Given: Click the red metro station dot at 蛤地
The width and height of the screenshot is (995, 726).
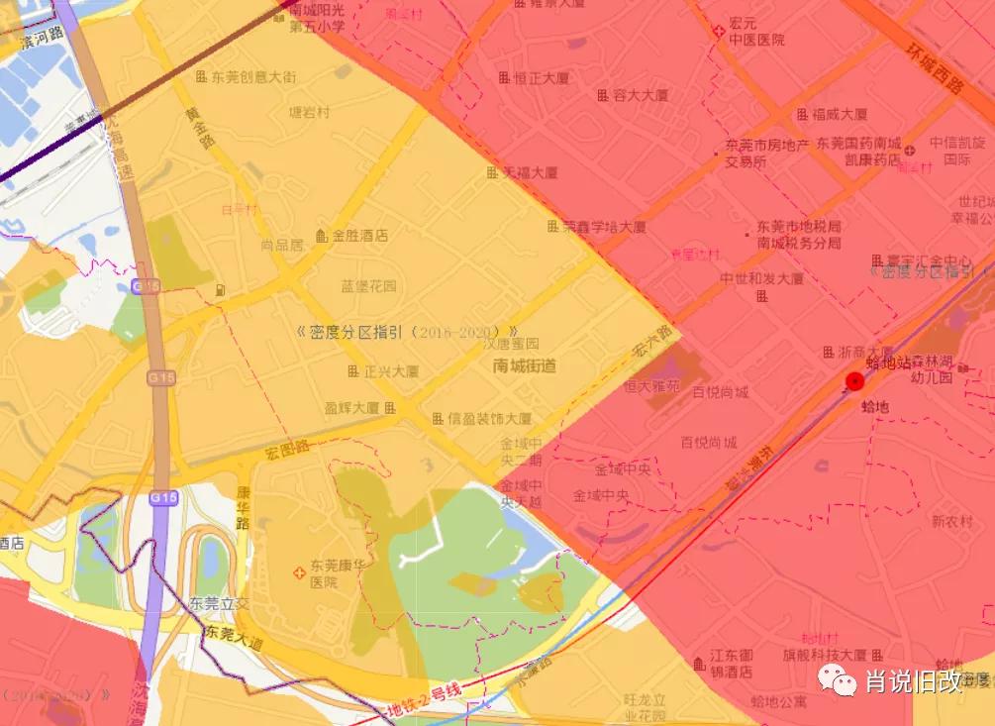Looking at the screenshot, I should pos(854,381).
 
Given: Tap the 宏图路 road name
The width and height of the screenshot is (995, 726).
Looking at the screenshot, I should pos(288,451).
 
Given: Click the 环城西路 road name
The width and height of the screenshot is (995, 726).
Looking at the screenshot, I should pos(936,69).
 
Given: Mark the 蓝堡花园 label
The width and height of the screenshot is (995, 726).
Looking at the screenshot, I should pos(368,286).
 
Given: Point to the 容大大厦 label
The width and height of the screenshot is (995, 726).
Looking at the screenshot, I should pos(640,95).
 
